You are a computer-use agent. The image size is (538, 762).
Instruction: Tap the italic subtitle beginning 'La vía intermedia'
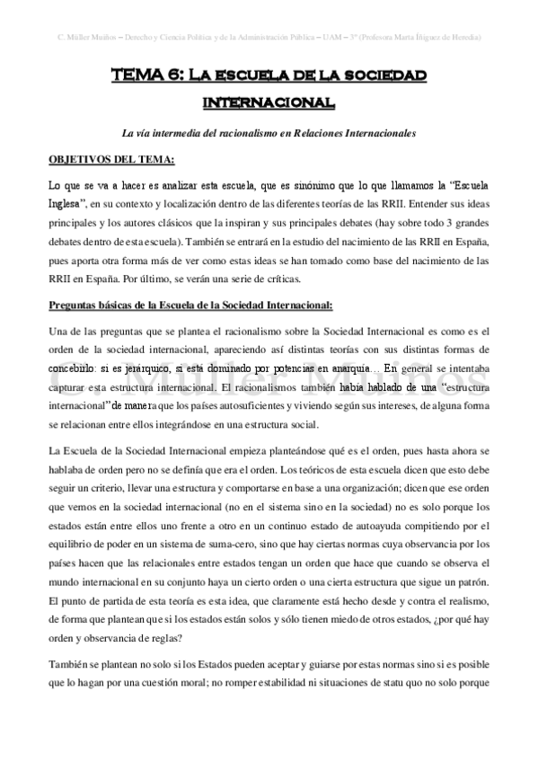click(x=269, y=133)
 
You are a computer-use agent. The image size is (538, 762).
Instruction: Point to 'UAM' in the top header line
click(x=331, y=37)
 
